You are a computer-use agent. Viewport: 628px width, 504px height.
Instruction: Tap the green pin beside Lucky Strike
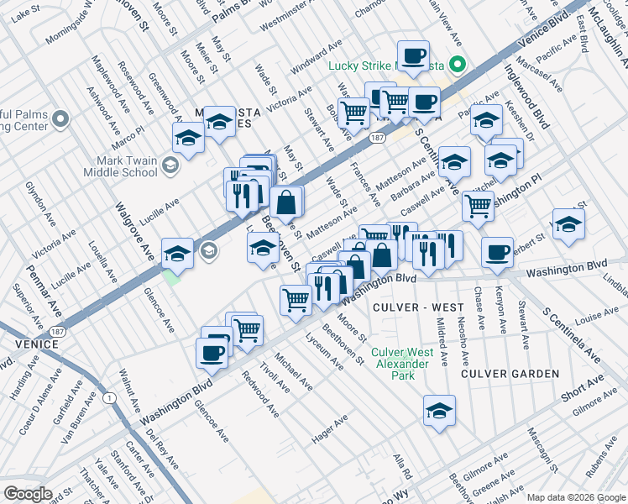(x=458, y=64)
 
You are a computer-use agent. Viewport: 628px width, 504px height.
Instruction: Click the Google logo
(x=28, y=494)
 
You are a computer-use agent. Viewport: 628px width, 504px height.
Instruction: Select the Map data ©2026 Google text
(x=575, y=497)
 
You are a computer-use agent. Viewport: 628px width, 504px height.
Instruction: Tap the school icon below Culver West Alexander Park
(x=439, y=411)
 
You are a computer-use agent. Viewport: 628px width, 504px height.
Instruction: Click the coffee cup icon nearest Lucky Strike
(x=412, y=56)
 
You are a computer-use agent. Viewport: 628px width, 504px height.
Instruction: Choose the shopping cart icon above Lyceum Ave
(x=296, y=299)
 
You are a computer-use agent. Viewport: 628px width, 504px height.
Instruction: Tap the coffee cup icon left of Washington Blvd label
(x=498, y=252)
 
